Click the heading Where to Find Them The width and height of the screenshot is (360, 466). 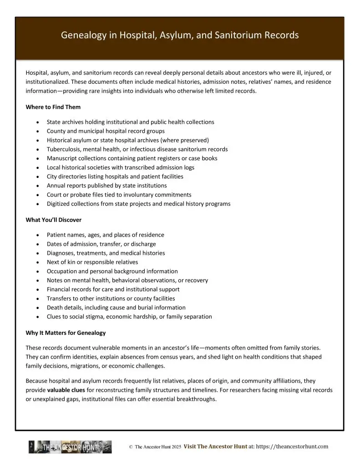[53, 107]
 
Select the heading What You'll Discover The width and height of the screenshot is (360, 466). [54, 220]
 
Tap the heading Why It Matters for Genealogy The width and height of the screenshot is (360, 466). [66, 333]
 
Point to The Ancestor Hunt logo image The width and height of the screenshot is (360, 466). [70, 447]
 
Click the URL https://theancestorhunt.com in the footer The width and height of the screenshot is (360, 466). [292, 447]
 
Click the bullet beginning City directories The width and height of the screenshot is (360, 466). [115, 177]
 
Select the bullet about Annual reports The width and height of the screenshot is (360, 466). [106, 186]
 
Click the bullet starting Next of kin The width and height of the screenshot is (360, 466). [92, 262]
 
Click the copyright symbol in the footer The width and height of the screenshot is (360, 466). [131, 447]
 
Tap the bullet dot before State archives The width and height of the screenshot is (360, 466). [36, 122]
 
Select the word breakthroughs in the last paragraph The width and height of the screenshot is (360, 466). [197, 399]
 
